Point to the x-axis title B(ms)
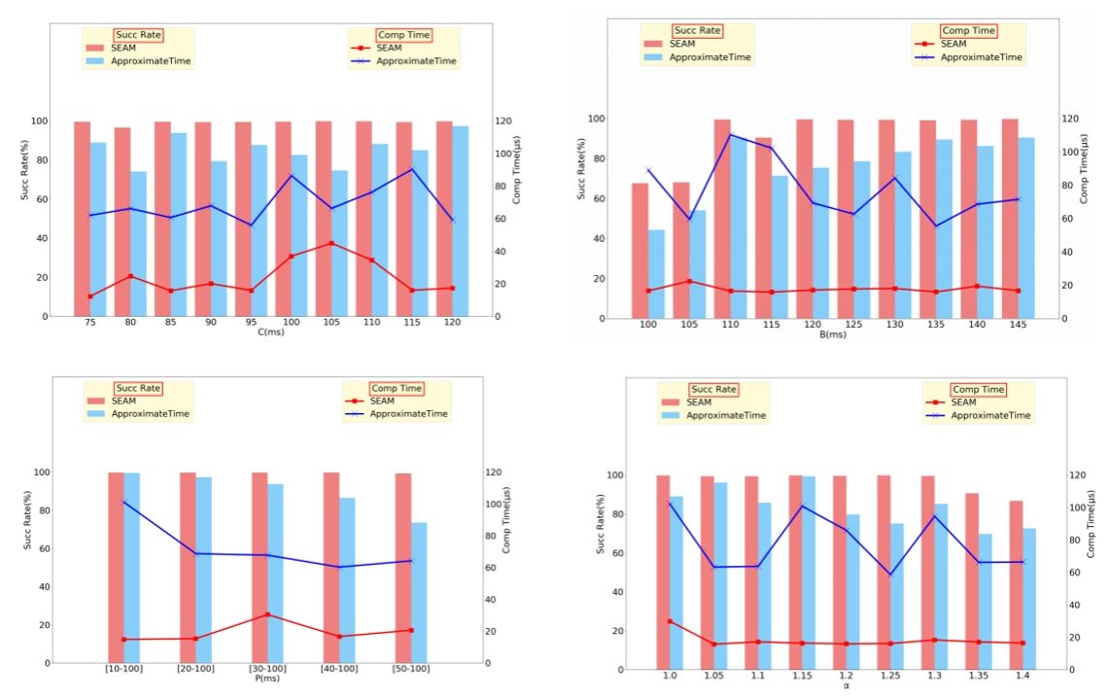point(832,335)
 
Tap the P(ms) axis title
point(262,679)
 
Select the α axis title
point(846,685)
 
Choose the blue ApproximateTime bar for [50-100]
point(418,593)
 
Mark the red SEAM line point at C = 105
point(331,243)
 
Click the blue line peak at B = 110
point(730,134)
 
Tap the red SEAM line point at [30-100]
point(267,614)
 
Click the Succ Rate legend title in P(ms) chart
point(137,388)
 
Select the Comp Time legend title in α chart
point(978,390)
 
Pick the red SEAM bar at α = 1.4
point(1016,585)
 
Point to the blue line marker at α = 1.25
point(889,575)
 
